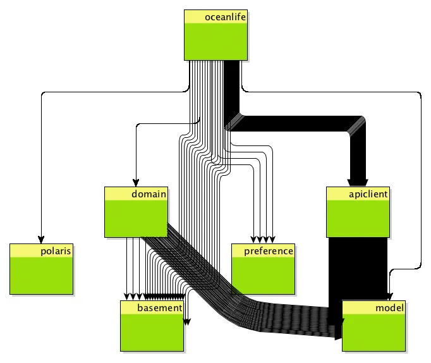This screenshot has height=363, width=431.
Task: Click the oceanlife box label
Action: click(x=224, y=17)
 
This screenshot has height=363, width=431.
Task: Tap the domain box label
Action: click(x=149, y=194)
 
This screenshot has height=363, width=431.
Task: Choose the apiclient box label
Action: click(x=367, y=194)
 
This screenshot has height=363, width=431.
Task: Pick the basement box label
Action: click(x=159, y=308)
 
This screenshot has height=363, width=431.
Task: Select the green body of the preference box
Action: click(x=263, y=276)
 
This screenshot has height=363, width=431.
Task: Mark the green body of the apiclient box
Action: click(x=358, y=219)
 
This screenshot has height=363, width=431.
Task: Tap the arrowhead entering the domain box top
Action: click(x=137, y=183)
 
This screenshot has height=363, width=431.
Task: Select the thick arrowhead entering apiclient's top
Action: click(x=358, y=181)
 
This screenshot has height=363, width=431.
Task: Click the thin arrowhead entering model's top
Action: click(x=389, y=297)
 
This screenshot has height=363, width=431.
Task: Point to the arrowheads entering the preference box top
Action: click(x=263, y=240)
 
